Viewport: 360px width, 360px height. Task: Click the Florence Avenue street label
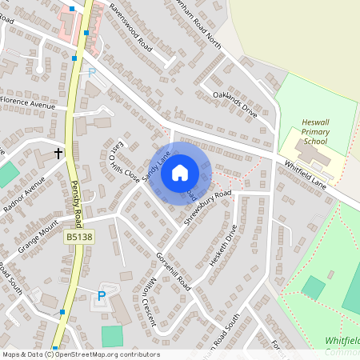click(x=28, y=104)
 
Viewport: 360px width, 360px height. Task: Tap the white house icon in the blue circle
click(x=180, y=172)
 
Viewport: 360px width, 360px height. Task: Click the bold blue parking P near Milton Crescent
click(x=101, y=296)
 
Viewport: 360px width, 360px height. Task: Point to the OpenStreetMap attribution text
click(x=81, y=354)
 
